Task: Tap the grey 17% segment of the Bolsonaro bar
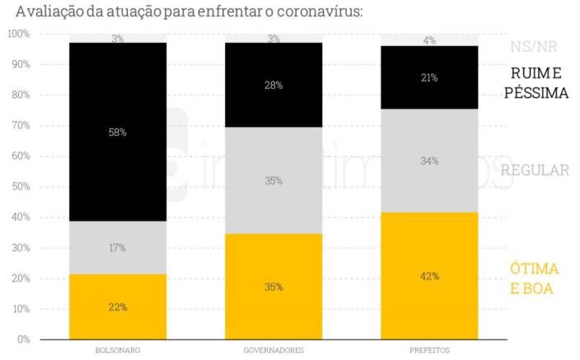coord(118,247)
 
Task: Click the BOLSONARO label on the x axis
coord(118,350)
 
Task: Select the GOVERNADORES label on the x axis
coord(274,350)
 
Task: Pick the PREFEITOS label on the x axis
coord(429,350)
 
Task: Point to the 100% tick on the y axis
coord(18,34)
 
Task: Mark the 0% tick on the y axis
coord(22,339)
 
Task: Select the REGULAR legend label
coord(535,171)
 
